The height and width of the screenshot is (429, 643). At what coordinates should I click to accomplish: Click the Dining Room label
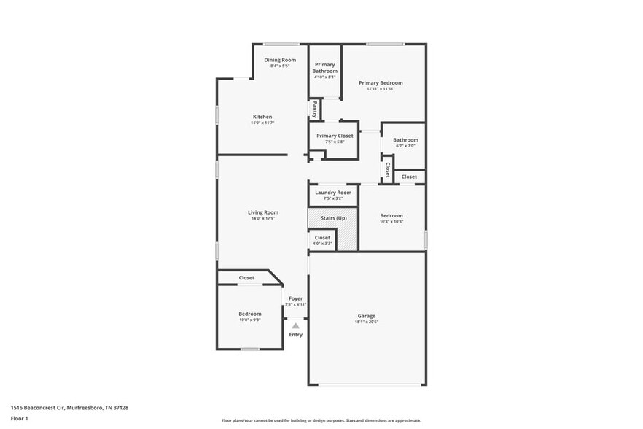click(280, 60)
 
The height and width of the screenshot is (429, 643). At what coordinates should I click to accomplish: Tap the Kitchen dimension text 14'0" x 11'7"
click(262, 123)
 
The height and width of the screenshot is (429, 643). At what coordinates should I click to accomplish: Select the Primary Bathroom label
click(324, 68)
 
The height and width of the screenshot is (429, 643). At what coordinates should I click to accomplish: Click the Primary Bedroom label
click(381, 83)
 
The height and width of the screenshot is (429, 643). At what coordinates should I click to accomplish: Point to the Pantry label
click(315, 109)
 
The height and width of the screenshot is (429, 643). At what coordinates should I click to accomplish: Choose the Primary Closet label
click(335, 136)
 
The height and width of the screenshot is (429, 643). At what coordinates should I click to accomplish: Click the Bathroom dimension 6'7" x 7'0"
click(405, 146)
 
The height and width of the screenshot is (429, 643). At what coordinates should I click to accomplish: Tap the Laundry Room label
click(333, 193)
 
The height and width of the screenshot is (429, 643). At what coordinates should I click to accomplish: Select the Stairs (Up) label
click(333, 217)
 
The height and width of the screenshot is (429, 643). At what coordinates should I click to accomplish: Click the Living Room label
click(263, 212)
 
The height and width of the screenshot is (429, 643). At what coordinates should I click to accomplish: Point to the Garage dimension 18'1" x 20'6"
click(367, 322)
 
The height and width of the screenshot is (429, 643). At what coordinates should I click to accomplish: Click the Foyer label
click(295, 298)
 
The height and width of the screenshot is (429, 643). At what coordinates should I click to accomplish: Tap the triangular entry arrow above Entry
click(295, 326)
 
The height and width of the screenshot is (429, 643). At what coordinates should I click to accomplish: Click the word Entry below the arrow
click(295, 335)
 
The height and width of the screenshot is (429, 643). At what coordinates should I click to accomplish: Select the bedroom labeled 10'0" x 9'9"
click(249, 317)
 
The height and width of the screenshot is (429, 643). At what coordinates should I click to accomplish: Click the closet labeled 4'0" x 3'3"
click(322, 240)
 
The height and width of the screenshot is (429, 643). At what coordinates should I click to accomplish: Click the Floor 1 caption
click(19, 418)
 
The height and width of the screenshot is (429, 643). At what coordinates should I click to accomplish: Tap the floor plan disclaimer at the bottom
click(321, 420)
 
